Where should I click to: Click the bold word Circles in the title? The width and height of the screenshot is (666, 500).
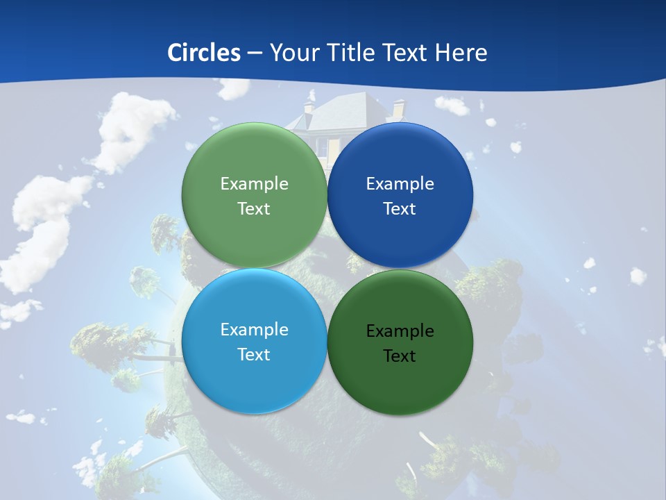click(x=203, y=53)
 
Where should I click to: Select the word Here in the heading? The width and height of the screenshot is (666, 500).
click(x=461, y=53)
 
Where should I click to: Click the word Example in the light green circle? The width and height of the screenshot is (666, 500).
click(x=254, y=183)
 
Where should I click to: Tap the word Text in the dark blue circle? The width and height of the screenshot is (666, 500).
click(x=400, y=208)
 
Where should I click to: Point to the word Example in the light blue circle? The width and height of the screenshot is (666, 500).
click(x=254, y=329)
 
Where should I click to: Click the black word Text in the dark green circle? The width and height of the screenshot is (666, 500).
click(x=400, y=356)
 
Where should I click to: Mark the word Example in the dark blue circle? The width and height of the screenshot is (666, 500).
click(x=400, y=183)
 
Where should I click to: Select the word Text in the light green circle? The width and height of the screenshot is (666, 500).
click(x=254, y=208)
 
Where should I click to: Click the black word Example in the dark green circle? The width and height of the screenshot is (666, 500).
click(x=400, y=331)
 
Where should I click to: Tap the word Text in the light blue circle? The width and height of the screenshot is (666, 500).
click(x=254, y=354)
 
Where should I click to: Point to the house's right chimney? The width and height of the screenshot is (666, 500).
click(x=398, y=109)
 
